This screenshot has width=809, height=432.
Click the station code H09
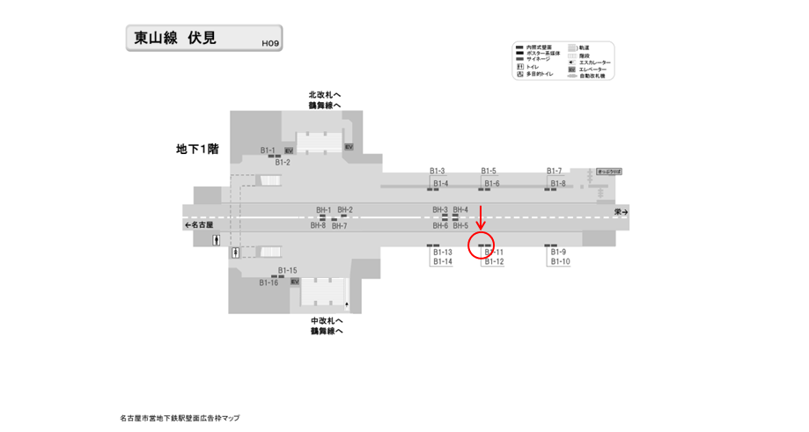pyautogui.click(x=269, y=42)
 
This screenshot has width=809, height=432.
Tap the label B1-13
pyautogui.click(x=442, y=253)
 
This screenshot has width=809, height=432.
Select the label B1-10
pyautogui.click(x=560, y=262)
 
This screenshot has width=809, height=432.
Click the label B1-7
pyautogui.click(x=555, y=171)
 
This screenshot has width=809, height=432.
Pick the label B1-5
pyautogui.click(x=489, y=171)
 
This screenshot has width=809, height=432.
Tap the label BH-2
pyautogui.click(x=345, y=210)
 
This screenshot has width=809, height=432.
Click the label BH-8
pyautogui.click(x=318, y=226)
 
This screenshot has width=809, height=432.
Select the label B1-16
pyautogui.click(x=268, y=282)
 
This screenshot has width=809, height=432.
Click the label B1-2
pyautogui.click(x=283, y=162)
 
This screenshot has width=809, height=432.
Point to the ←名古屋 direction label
pyautogui.click(x=199, y=225)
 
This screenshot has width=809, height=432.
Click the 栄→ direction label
pyautogui.click(x=621, y=212)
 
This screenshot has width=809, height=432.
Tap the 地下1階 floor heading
pyautogui.click(x=196, y=150)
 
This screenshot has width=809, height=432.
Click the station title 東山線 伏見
pyautogui.click(x=175, y=38)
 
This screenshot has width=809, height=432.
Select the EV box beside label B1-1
pyautogui.click(x=289, y=151)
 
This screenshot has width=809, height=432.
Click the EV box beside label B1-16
pyautogui.click(x=295, y=282)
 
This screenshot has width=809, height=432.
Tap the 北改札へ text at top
pyautogui.click(x=324, y=94)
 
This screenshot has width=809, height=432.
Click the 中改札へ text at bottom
pyautogui.click(x=326, y=320)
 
